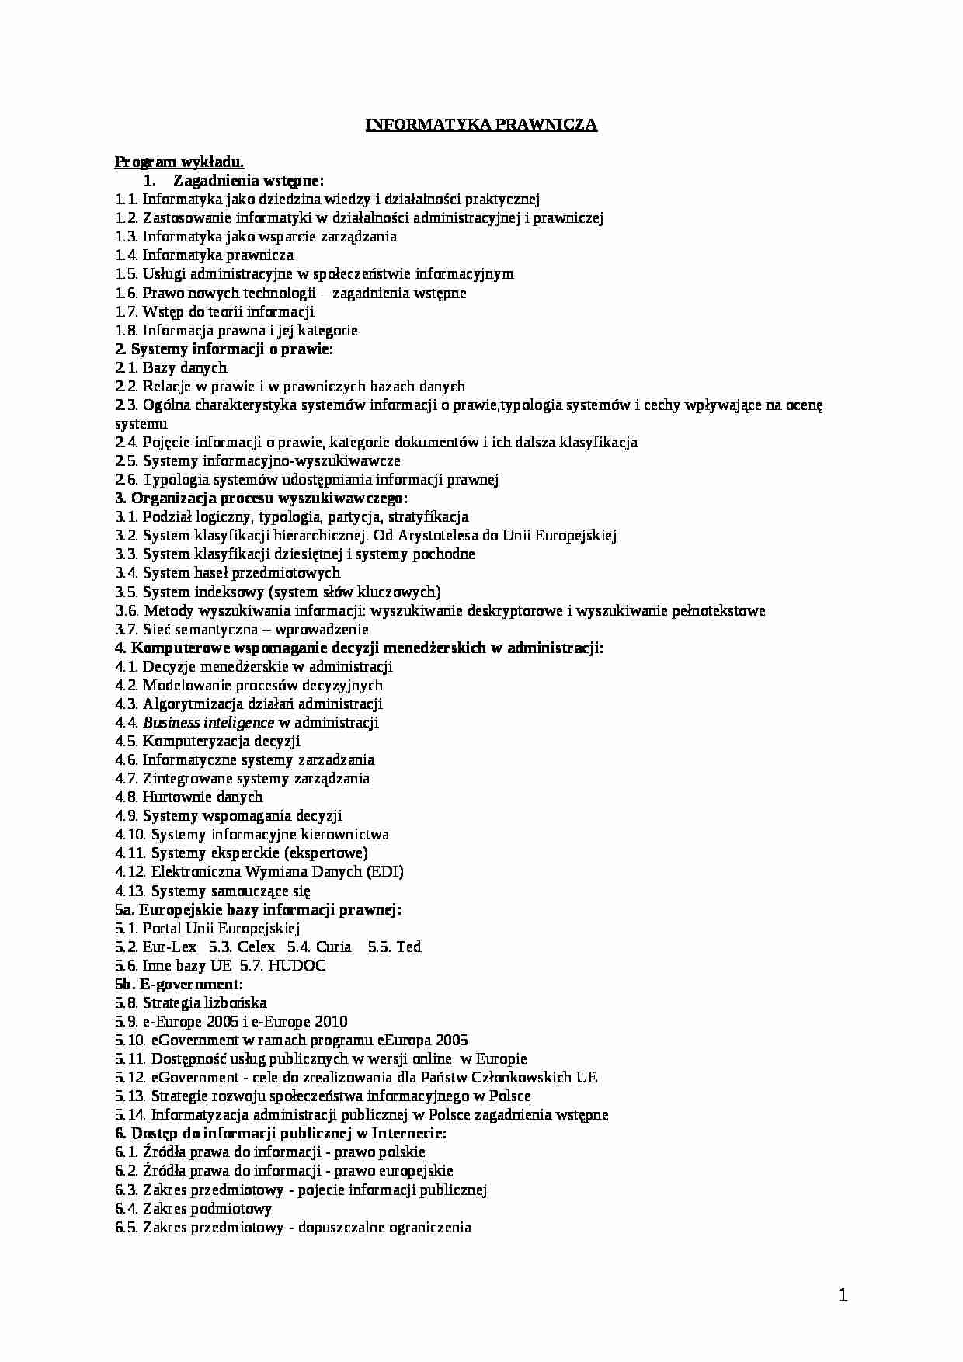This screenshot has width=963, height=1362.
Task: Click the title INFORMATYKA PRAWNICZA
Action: point(481,125)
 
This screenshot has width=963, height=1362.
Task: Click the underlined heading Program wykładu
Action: point(179,162)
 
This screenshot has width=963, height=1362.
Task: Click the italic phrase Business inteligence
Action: point(209,723)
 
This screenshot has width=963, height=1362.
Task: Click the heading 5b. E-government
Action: point(179,985)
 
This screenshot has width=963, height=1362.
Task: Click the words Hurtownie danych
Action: point(203,797)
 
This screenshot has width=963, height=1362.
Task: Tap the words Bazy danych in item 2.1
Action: point(185,368)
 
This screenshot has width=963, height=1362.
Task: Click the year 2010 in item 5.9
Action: point(331,1022)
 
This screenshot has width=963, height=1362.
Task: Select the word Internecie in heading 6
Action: point(407,1134)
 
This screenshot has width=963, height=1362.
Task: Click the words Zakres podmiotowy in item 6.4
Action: point(207,1209)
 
